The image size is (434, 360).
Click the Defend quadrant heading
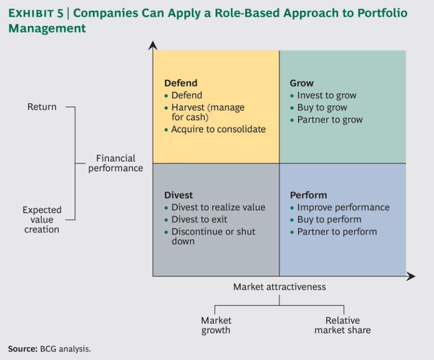[x=180, y=83]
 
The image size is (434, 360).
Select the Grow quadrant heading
[x=301, y=83]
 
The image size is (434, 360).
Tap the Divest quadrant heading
[x=179, y=195]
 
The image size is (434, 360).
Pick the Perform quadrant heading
[x=308, y=195]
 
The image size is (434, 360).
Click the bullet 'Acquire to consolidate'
[x=218, y=129]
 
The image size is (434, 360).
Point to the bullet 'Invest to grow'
[x=327, y=96]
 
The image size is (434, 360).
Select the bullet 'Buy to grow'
[x=322, y=107]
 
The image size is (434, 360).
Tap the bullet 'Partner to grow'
[x=330, y=120]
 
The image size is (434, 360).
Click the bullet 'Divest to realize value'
[x=218, y=207]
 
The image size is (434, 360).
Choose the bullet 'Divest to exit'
[x=199, y=219]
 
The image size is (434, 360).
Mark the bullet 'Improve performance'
[x=343, y=207]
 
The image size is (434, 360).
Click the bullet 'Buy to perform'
[x=329, y=219]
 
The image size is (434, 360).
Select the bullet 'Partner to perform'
[x=337, y=232]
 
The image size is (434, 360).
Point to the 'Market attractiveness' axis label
[x=279, y=287]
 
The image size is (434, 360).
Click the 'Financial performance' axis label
[x=115, y=163]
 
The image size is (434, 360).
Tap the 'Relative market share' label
[x=342, y=326]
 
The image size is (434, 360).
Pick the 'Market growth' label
[x=216, y=326]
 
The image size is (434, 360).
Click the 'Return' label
[x=42, y=107]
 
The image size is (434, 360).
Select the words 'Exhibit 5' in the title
[x=36, y=14]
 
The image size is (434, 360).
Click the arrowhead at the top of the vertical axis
[x=153, y=45]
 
